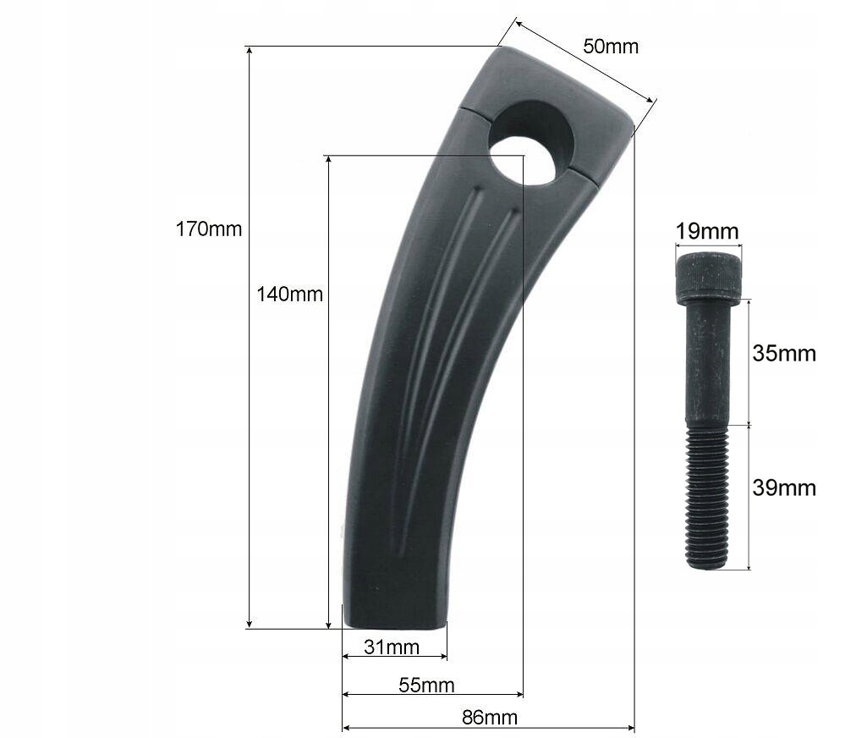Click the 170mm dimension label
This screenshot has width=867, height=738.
[x=208, y=229]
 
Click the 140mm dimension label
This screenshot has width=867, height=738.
[x=290, y=294]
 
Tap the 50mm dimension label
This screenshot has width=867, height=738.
[x=610, y=46]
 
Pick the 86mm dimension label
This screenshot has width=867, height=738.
[x=489, y=718]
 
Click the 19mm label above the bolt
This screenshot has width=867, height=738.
[x=707, y=231]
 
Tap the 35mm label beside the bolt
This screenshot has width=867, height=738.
[x=784, y=353]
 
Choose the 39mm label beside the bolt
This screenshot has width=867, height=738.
[x=784, y=487]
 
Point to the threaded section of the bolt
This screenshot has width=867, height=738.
[x=707, y=496]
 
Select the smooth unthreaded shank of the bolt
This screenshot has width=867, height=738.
[x=707, y=364]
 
